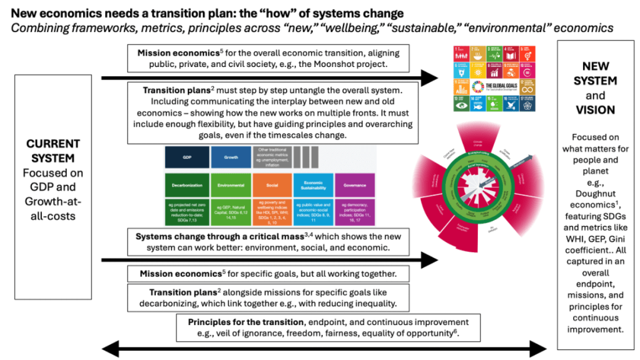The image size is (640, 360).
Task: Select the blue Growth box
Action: [x=230, y=158]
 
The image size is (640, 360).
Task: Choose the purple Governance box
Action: [x=355, y=185]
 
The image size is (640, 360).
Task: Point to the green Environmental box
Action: [x=230, y=185]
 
